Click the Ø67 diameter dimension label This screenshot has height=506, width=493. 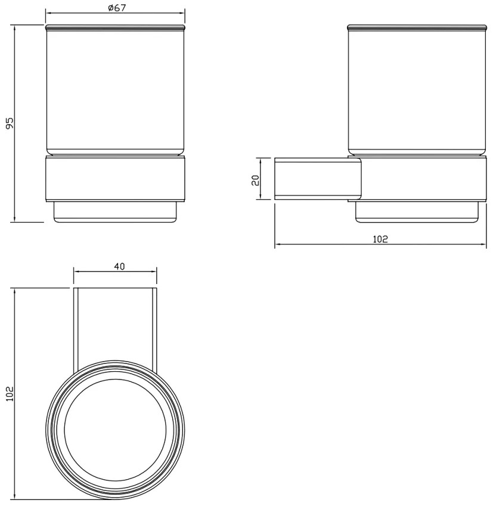click(x=117, y=7)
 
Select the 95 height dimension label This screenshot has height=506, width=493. click(x=10, y=124)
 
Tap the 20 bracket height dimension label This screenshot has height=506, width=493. click(x=255, y=180)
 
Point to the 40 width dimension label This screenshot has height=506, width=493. click(x=119, y=267)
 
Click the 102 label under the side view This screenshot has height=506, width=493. click(x=380, y=239)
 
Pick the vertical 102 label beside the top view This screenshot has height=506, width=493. click(x=10, y=393)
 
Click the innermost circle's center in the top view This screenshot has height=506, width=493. click(x=116, y=430)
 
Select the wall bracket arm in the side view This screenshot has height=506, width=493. click(x=318, y=178)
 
